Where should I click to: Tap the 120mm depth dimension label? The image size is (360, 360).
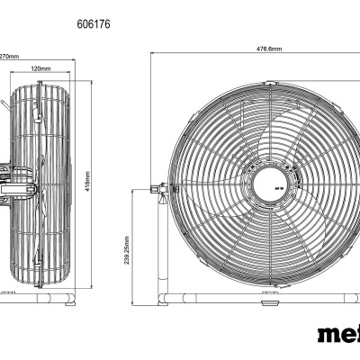[x=40, y=68]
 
